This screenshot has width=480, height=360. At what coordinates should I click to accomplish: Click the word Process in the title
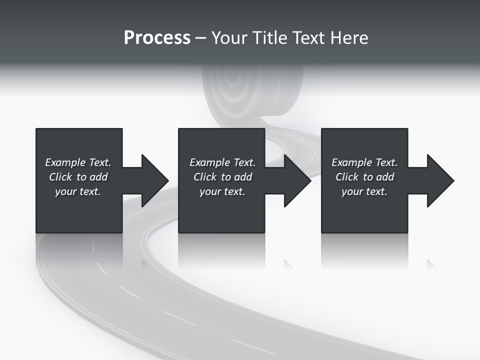click(x=157, y=38)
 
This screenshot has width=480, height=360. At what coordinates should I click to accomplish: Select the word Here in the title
click(x=349, y=38)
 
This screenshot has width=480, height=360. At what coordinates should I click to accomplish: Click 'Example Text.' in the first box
click(x=78, y=162)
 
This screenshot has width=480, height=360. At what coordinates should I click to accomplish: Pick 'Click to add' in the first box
click(x=78, y=177)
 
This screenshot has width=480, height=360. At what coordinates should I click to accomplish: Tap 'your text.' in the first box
click(x=78, y=191)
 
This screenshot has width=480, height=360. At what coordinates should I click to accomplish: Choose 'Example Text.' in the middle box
click(x=222, y=162)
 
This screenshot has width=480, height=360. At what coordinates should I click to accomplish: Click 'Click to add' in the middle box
click(x=222, y=177)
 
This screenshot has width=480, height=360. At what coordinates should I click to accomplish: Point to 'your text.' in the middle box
click(x=222, y=191)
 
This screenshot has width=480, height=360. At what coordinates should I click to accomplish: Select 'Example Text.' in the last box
click(x=364, y=162)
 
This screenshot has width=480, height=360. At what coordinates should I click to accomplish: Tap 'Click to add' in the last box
click(x=364, y=177)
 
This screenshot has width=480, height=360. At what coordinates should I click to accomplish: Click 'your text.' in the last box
click(x=364, y=191)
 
